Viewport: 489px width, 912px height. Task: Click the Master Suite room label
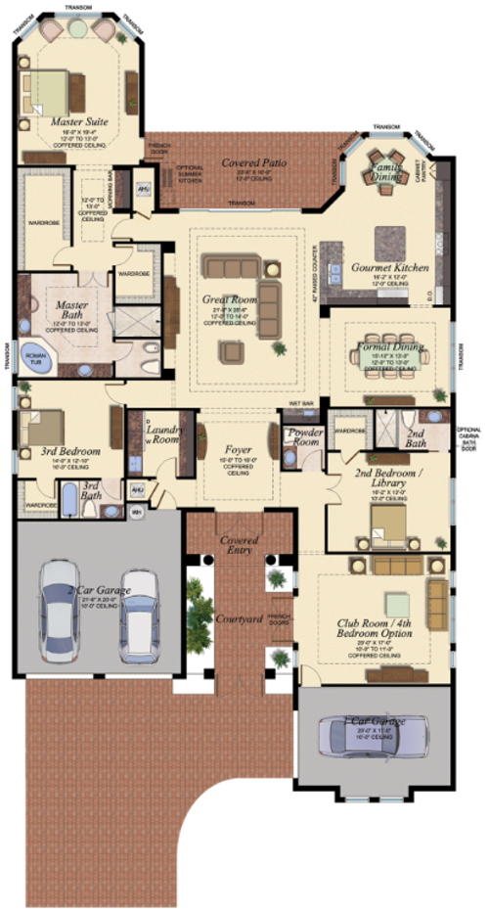[x=79, y=122]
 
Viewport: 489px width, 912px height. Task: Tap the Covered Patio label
[x=253, y=162]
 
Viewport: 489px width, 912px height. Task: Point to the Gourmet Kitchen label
[x=389, y=266]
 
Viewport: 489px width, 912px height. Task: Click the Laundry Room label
[x=163, y=434]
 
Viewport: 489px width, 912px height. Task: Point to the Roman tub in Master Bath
[x=35, y=357]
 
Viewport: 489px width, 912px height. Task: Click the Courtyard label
[x=240, y=620]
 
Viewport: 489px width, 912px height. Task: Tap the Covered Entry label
[x=240, y=544]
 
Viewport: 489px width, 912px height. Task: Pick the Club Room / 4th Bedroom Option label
[x=375, y=627]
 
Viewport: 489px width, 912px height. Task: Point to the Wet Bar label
[x=300, y=403]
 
